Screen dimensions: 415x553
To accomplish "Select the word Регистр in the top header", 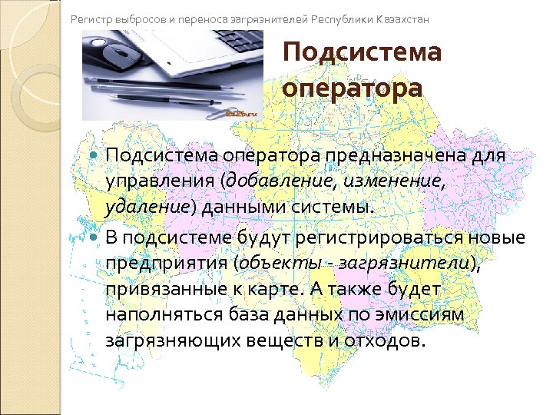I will click(x=90, y=17).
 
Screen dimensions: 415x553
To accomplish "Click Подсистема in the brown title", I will click(x=362, y=54).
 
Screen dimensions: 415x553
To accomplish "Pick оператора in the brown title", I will click(x=352, y=88).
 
